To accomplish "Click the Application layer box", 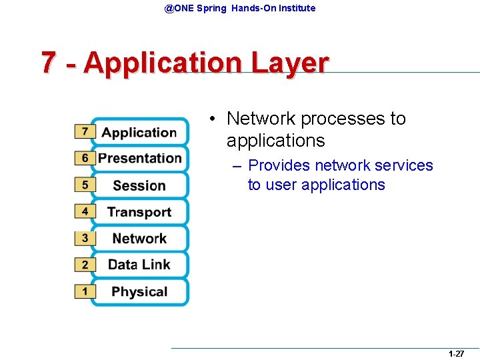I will point(139,132).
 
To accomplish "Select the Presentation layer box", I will point(139,159).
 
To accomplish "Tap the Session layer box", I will point(139,185).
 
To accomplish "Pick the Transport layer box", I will point(139,212).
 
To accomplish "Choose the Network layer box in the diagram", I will point(139,239).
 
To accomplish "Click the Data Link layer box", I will point(139,265).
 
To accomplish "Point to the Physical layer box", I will point(139,291).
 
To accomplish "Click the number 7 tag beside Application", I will point(85,132).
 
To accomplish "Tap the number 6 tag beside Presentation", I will point(85,159).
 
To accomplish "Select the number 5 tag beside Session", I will point(85,185).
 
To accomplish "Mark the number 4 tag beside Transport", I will point(85,211).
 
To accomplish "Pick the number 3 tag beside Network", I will point(85,238).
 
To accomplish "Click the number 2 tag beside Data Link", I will point(85,265).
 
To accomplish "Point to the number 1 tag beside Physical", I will point(85,291).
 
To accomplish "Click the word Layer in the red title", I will point(289,63).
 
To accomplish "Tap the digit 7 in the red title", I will point(48,63).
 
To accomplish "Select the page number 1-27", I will point(456,353).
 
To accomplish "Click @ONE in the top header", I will point(178,8).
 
